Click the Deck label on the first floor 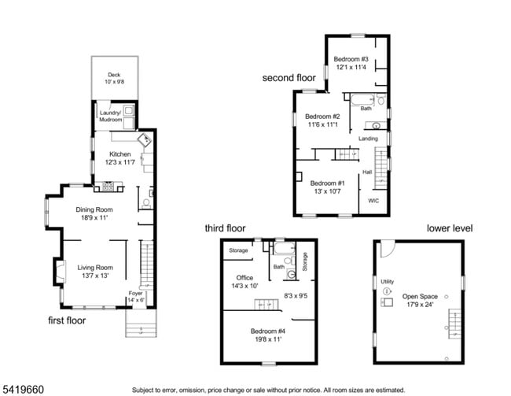pyautogui.click(x=114, y=75)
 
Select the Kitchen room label pyautogui.click(x=119, y=154)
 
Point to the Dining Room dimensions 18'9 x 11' pyautogui.click(x=95, y=218)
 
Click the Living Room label pyautogui.click(x=94, y=268)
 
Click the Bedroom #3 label pyautogui.click(x=351, y=59)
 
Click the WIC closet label pyautogui.click(x=373, y=201)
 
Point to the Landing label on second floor pyautogui.click(x=369, y=139)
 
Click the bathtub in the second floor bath pyautogui.click(x=361, y=100)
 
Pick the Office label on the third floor pyautogui.click(x=244, y=277)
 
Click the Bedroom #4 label pyautogui.click(x=267, y=331)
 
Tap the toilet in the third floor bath pyautogui.click(x=290, y=274)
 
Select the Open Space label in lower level pyautogui.click(x=420, y=297)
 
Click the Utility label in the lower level pyautogui.click(x=388, y=281)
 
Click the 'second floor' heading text pyautogui.click(x=289, y=78)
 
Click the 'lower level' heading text pyautogui.click(x=450, y=228)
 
